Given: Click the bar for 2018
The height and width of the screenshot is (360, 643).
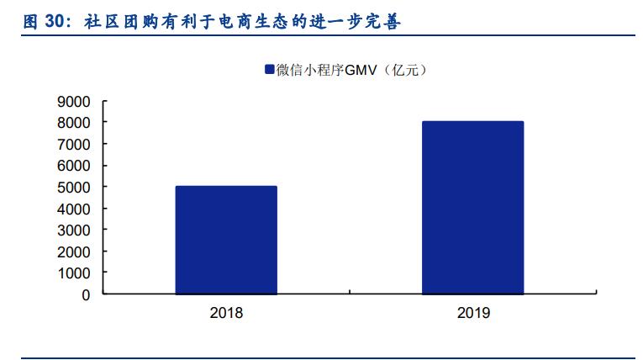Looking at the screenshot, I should tap(226, 240).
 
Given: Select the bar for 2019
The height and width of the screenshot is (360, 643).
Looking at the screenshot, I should tap(473, 208).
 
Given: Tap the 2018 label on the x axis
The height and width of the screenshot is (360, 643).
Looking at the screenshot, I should tap(226, 313).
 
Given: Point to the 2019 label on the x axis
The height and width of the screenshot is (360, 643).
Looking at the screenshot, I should tap(473, 313).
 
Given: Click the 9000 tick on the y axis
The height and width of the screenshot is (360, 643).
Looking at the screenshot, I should tap(73, 101).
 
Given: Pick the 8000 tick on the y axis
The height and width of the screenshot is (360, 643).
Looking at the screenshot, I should tap(73, 123).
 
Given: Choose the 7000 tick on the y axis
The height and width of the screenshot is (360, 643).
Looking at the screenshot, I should tap(73, 144).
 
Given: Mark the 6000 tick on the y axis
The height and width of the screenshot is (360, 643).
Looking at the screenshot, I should tap(73, 166).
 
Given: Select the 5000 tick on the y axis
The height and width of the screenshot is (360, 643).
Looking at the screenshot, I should tap(73, 187).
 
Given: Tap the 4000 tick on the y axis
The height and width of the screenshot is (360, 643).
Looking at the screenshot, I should tap(73, 209).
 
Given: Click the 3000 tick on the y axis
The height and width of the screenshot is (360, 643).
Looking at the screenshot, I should tap(73, 230).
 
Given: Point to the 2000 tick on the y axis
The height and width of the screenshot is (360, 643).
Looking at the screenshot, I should tap(73, 251).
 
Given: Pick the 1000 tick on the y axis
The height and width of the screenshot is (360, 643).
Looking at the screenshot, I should tap(73, 273).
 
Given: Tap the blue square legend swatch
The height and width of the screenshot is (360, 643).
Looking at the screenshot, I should tap(269, 70).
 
